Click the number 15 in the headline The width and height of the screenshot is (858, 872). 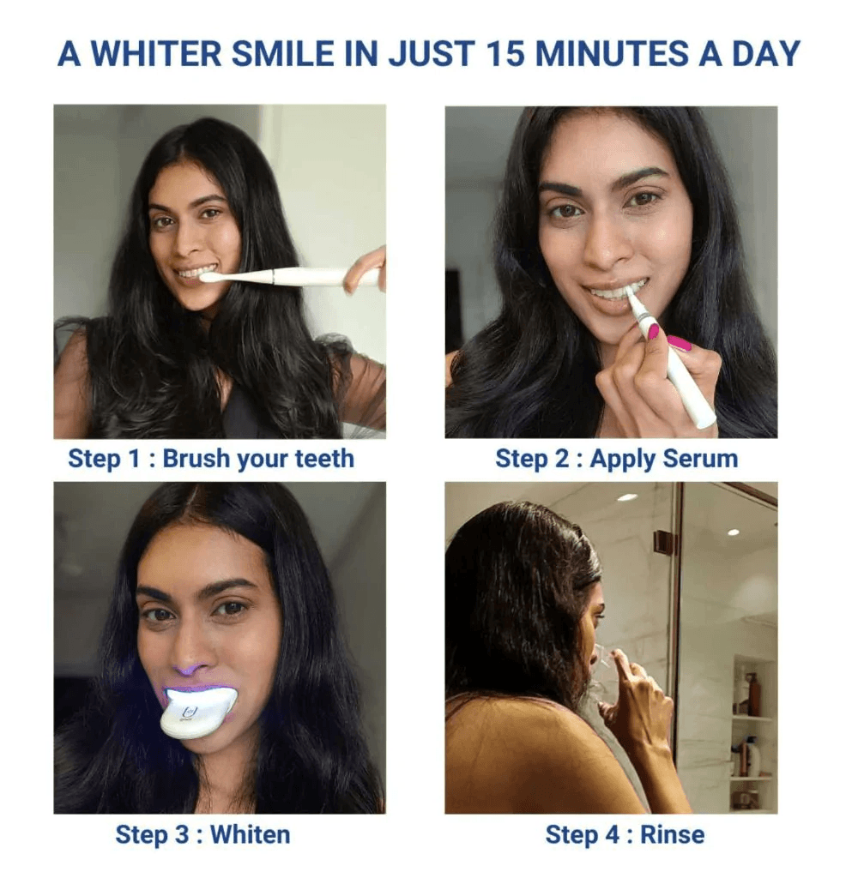pyautogui.click(x=505, y=54)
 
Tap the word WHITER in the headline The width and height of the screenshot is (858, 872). pyautogui.click(x=156, y=54)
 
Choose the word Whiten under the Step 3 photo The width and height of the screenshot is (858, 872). pyautogui.click(x=251, y=835)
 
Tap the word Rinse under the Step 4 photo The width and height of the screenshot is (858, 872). pyautogui.click(x=672, y=835)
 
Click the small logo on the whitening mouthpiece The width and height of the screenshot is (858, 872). pyautogui.click(x=189, y=713)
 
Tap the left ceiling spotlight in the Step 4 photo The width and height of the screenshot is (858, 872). pyautogui.click(x=627, y=497)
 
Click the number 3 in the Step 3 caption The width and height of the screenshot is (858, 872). pyautogui.click(x=181, y=835)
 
